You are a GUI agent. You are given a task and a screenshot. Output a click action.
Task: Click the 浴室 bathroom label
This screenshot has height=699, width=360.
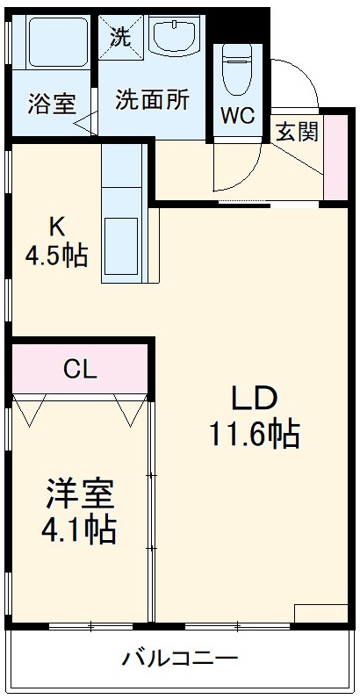click(x=52, y=103)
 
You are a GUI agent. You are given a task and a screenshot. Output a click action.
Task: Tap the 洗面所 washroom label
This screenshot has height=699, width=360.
click(x=152, y=100)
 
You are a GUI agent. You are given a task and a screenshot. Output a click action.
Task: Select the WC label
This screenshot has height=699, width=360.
click(x=237, y=114)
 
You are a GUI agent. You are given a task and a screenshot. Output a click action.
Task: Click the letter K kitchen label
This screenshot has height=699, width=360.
click(x=56, y=227)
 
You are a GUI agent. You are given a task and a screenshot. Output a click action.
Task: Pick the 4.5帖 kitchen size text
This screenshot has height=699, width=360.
click(x=55, y=256)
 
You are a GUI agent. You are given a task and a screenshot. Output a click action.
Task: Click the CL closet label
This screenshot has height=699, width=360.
click(x=79, y=370)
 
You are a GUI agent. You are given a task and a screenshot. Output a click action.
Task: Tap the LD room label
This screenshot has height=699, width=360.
click(x=254, y=398)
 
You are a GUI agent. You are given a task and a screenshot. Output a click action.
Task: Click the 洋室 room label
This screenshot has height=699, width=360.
click(x=80, y=494)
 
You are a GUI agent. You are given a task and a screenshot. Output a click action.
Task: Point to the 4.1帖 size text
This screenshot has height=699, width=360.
click(x=80, y=530)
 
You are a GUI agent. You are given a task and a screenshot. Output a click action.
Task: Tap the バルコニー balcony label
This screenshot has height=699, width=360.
click(x=180, y=657)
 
